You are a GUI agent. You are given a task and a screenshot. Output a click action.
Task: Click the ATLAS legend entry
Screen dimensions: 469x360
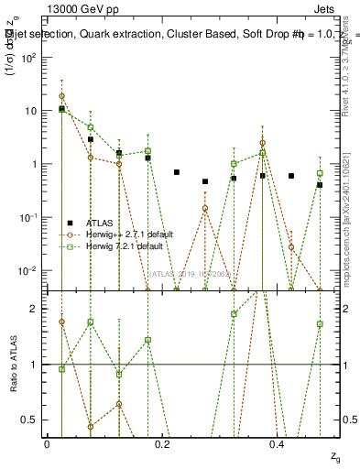point(100,223)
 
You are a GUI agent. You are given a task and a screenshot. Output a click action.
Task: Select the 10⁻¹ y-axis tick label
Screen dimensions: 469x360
point(29,217)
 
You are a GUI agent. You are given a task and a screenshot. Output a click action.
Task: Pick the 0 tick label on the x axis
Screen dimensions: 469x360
point(48,443)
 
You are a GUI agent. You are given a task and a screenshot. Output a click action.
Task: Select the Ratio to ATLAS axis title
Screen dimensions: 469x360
point(13,364)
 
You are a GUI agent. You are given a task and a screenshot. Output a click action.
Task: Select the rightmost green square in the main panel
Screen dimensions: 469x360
point(320,173)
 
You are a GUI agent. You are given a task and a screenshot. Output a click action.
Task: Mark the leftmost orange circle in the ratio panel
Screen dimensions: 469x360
point(61,322)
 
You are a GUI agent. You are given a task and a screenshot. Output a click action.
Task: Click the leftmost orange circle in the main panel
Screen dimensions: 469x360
point(61,96)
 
